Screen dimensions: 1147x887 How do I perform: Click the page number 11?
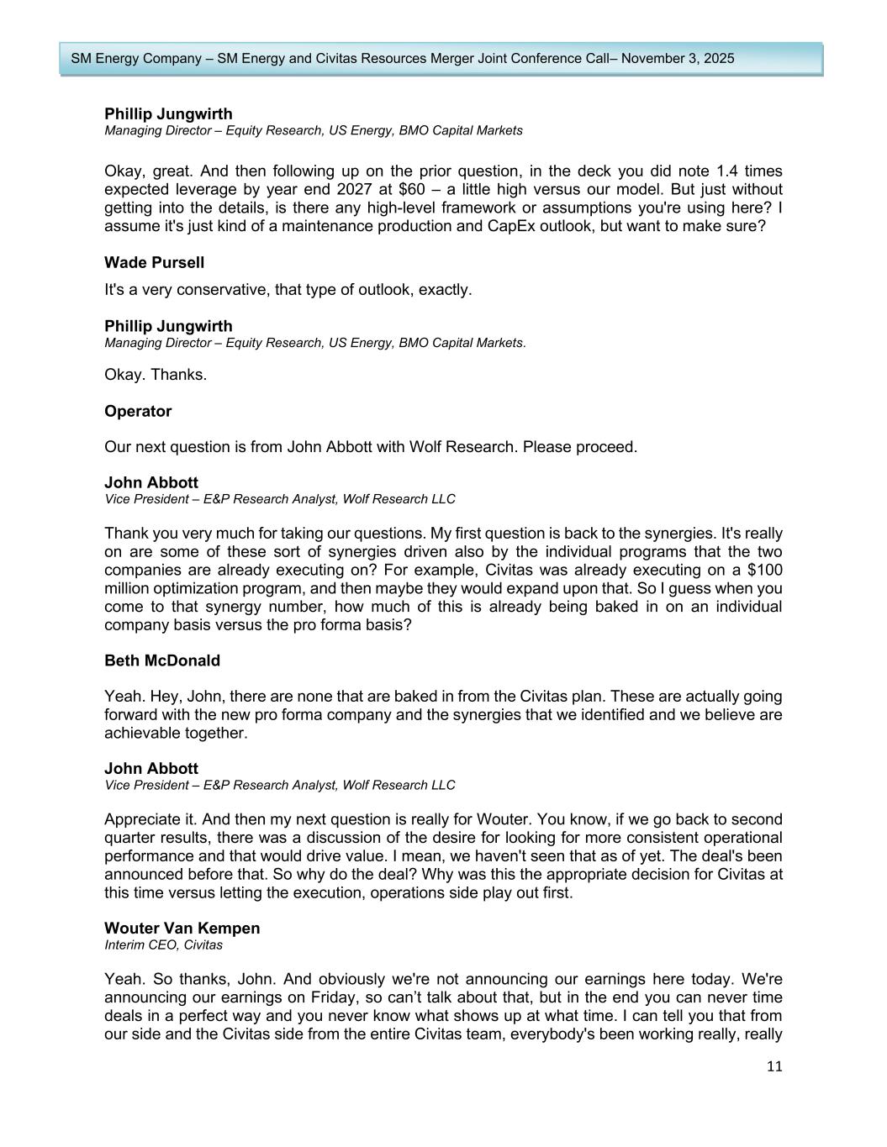[x=774, y=1066]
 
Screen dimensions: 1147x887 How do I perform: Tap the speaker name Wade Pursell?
[x=154, y=262]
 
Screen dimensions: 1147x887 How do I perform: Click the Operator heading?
[x=138, y=411]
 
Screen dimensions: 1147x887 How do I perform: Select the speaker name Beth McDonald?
[x=162, y=660]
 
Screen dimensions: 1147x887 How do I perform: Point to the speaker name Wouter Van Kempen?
[x=182, y=928]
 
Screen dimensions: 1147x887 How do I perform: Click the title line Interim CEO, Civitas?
[x=163, y=944]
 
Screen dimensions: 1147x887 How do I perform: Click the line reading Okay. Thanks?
[x=156, y=374]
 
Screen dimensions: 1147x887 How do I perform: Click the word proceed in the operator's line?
[x=606, y=446]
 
